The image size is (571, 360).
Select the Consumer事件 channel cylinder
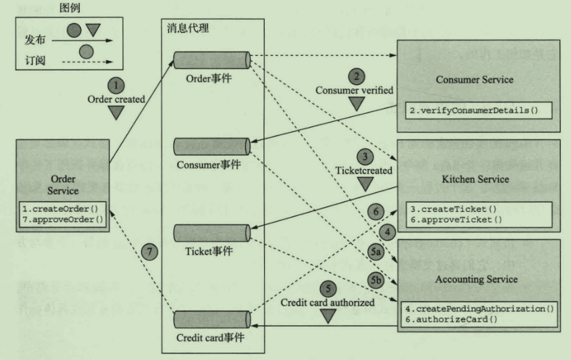212,144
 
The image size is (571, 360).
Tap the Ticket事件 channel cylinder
212,234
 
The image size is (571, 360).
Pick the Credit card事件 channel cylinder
212,320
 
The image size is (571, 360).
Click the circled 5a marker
376,250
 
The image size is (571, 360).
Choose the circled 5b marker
376,277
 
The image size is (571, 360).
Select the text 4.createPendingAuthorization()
479,308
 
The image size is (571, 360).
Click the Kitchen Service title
480,179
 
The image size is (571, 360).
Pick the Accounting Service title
478,278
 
